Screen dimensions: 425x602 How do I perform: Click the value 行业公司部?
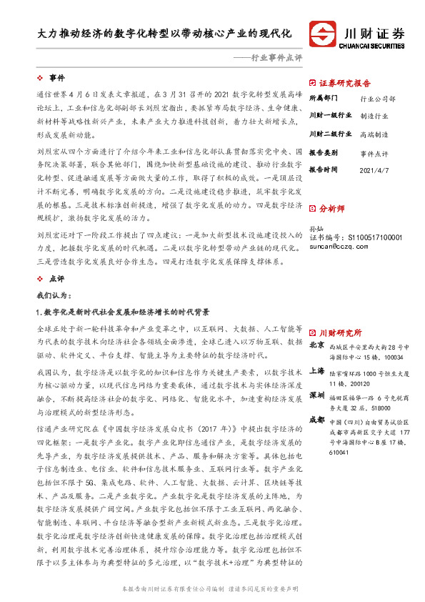click(x=377, y=98)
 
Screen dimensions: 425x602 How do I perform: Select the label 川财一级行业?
click(x=330, y=116)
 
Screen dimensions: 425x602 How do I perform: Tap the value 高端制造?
click(x=374, y=134)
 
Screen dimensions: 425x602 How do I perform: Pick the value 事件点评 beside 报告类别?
click(x=374, y=153)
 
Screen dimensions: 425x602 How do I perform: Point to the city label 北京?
click(x=317, y=346)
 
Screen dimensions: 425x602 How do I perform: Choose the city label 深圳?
click(x=317, y=395)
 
